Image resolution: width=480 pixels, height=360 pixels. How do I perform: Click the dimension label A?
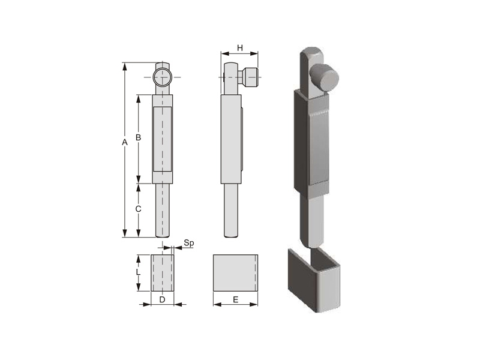coord(124,142)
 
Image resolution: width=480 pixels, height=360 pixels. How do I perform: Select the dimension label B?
coord(138,137)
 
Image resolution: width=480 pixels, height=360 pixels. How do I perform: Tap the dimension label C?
coord(139,209)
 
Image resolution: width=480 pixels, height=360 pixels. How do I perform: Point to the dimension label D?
coord(162,299)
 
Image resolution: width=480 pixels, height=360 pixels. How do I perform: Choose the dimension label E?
coord(235,299)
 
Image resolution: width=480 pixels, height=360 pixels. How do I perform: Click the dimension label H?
coord(239,48)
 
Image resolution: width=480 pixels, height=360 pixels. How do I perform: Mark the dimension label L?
coord(138,272)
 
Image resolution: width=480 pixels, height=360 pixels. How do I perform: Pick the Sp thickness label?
coord(189,244)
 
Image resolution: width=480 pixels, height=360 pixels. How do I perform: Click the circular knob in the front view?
coord(162,77)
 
